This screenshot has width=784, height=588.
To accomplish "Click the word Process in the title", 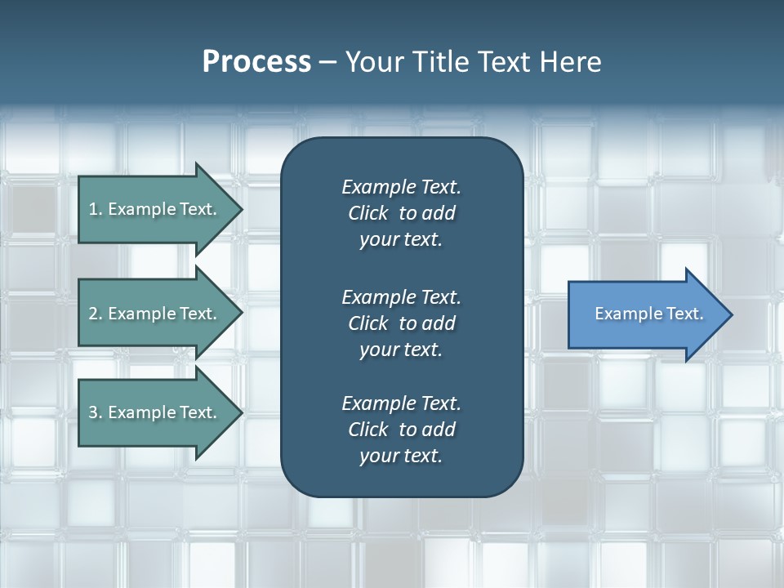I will click(x=256, y=62).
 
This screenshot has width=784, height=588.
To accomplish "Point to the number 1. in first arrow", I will click(x=96, y=209).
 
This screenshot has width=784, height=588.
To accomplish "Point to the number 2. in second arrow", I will click(x=96, y=314).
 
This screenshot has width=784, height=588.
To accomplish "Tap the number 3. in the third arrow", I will click(x=96, y=412).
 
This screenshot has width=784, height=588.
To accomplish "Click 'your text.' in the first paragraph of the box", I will click(x=401, y=240).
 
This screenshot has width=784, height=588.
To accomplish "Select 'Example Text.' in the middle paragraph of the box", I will click(x=401, y=297).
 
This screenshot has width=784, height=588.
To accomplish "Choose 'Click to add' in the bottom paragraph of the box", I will click(x=401, y=430).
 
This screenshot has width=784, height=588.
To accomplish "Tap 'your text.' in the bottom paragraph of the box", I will click(x=401, y=456).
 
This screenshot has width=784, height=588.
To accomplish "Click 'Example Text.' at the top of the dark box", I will click(x=401, y=187).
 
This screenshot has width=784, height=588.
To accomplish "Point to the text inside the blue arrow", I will click(x=649, y=314).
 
